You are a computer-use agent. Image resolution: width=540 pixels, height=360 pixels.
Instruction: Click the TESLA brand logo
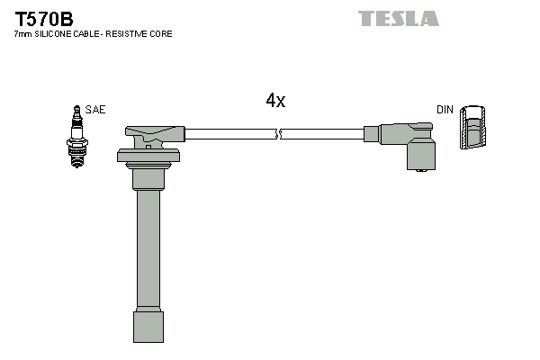click(x=399, y=18)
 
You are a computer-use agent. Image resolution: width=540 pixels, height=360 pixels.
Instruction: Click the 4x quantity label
click(x=275, y=102)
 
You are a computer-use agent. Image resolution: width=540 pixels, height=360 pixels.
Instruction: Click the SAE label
click(x=96, y=110)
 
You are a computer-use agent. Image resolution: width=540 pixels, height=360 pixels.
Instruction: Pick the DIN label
click(x=445, y=110)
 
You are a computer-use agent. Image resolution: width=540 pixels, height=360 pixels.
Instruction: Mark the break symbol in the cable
click(x=279, y=135)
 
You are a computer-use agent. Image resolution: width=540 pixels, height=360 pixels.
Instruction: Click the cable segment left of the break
click(x=229, y=135)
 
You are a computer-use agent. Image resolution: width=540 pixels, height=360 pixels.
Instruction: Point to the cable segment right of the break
click(x=324, y=135)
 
